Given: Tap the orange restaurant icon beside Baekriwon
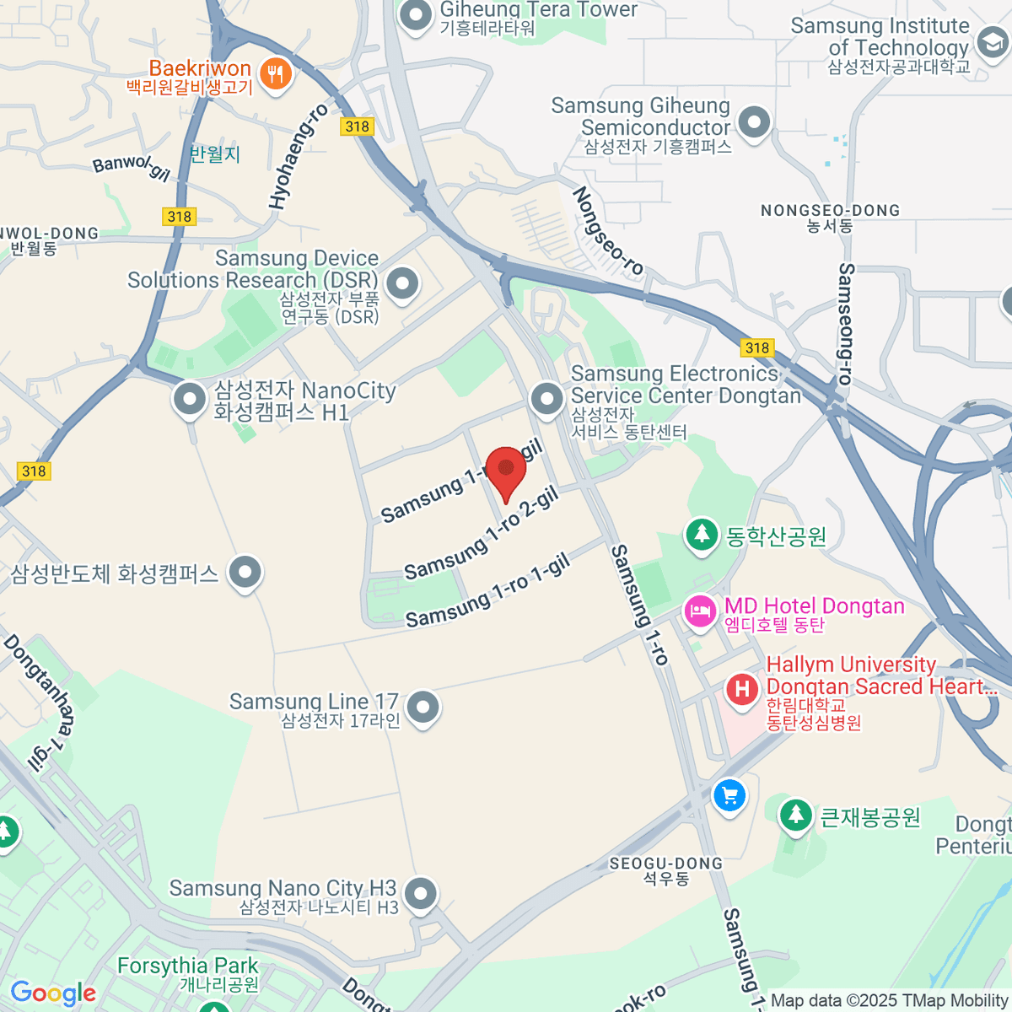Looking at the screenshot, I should click(x=275, y=74).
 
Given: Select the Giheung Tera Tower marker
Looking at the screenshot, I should click(x=415, y=16).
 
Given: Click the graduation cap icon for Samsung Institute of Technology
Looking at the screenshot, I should click(x=992, y=42).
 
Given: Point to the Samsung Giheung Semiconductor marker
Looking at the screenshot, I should click(x=754, y=123).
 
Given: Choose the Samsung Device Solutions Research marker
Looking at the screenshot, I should click(x=402, y=283).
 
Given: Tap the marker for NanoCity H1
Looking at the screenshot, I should click(x=190, y=400).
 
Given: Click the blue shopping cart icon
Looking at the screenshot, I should click(x=729, y=795).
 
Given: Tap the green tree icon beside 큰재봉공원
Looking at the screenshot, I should click(x=795, y=815).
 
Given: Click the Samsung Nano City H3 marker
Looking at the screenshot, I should click(x=420, y=894).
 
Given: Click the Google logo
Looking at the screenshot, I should click(x=53, y=993).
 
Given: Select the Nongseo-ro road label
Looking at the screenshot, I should click(x=607, y=232).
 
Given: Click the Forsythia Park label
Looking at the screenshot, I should click(x=187, y=966).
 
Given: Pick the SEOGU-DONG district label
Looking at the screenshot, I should click(x=666, y=864).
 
